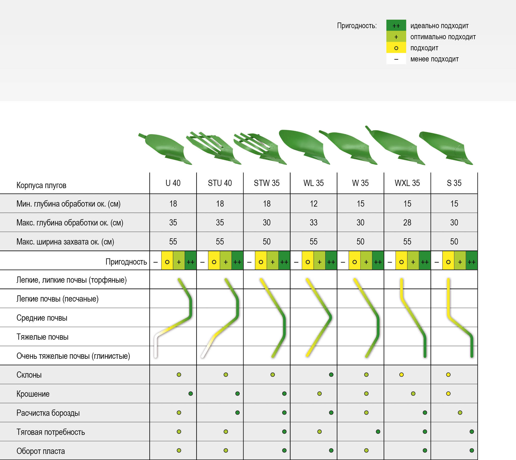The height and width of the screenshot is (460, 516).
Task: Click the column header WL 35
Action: click(x=313, y=183)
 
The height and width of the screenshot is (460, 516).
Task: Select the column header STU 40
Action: click(x=220, y=183)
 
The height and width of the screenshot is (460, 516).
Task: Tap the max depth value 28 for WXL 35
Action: click(x=407, y=223)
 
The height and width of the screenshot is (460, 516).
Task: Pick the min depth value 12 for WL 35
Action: click(x=313, y=204)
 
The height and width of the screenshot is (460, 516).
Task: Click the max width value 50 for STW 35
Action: click(x=267, y=242)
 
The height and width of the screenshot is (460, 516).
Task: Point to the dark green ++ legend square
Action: click(x=396, y=26)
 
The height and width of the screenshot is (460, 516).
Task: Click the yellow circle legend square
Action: click(x=396, y=48)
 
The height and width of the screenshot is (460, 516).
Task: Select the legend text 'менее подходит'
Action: click(x=434, y=59)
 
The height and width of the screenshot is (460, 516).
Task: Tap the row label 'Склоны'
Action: click(x=29, y=375)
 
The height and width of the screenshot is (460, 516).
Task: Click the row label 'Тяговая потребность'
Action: click(x=51, y=432)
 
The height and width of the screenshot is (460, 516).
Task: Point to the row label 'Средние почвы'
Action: click(x=42, y=318)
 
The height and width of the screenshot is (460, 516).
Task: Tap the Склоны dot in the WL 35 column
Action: click(x=331, y=375)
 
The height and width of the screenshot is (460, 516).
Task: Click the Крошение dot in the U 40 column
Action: click(x=190, y=393)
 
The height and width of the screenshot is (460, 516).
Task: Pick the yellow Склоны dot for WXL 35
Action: click(x=401, y=375)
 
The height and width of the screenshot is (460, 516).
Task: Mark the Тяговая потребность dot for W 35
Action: click(x=378, y=432)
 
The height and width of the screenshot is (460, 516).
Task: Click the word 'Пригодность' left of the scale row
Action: click(x=126, y=262)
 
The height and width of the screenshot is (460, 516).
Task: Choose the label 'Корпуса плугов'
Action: click(x=41, y=185)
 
